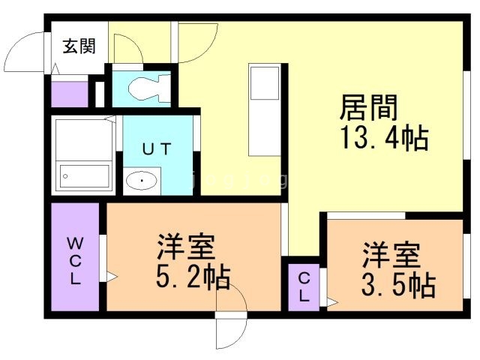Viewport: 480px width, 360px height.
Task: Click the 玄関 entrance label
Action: click(x=79, y=46)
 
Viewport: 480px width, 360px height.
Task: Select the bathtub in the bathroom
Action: click(x=85, y=178)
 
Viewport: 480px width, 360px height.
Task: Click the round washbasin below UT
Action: click(x=142, y=181)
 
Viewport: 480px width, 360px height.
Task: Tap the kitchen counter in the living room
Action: click(x=265, y=108)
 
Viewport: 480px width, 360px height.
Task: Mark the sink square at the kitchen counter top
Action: click(x=265, y=82)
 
